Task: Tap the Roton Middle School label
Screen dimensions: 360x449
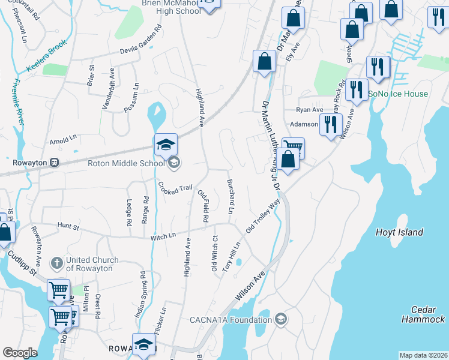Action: coord(125,163)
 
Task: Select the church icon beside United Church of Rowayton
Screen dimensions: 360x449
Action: coord(57,263)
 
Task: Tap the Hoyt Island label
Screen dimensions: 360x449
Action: coord(399,232)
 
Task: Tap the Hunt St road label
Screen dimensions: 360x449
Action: coord(68,227)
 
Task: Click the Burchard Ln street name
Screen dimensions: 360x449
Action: coord(229,196)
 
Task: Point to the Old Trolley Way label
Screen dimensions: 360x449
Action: coord(263,217)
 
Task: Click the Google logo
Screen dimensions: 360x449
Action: coord(20,353)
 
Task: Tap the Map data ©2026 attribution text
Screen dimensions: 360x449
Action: coord(423,355)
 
